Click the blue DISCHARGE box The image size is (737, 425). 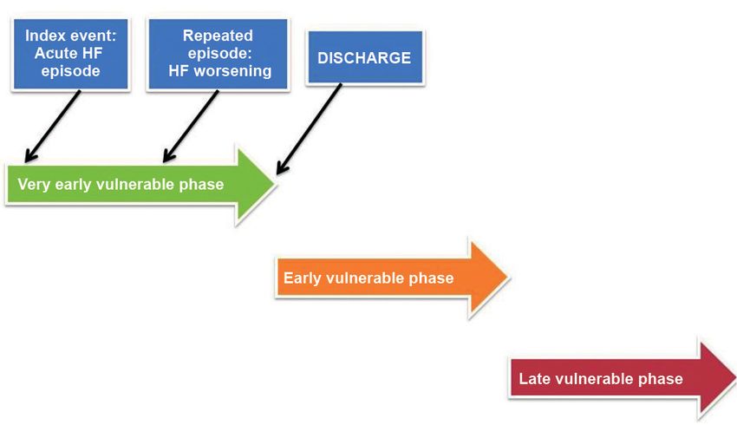pos(365,57)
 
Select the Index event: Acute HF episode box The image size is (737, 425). pos(70,54)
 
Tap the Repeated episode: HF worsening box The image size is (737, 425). pos(218,54)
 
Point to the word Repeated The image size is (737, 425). pos(218,36)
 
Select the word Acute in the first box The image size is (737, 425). pos(51,53)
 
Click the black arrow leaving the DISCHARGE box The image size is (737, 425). pos(309,129)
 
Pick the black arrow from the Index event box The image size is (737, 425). pos(52,127)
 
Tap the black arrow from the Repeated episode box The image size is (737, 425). pos(191,127)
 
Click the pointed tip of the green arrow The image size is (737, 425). pos(275,184)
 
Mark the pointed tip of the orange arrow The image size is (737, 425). pos(508,278)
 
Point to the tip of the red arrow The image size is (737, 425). pos(735,378)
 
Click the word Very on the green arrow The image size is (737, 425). pos(34,184)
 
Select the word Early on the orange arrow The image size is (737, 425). pos(303,278)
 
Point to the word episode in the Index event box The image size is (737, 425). pos(70,71)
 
